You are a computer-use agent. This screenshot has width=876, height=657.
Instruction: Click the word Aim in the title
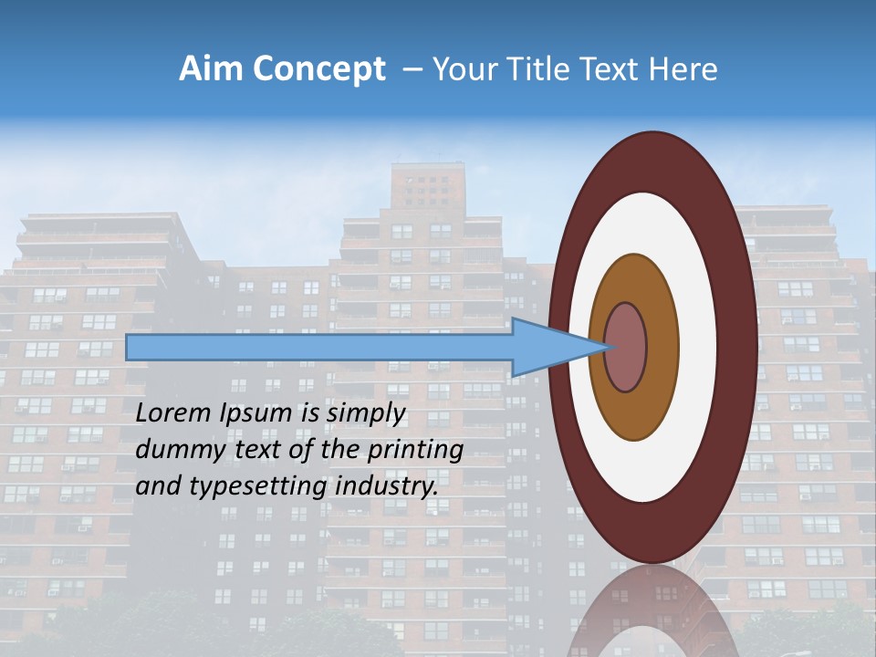point(209,69)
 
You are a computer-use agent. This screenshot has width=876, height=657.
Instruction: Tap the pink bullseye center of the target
point(626,347)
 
